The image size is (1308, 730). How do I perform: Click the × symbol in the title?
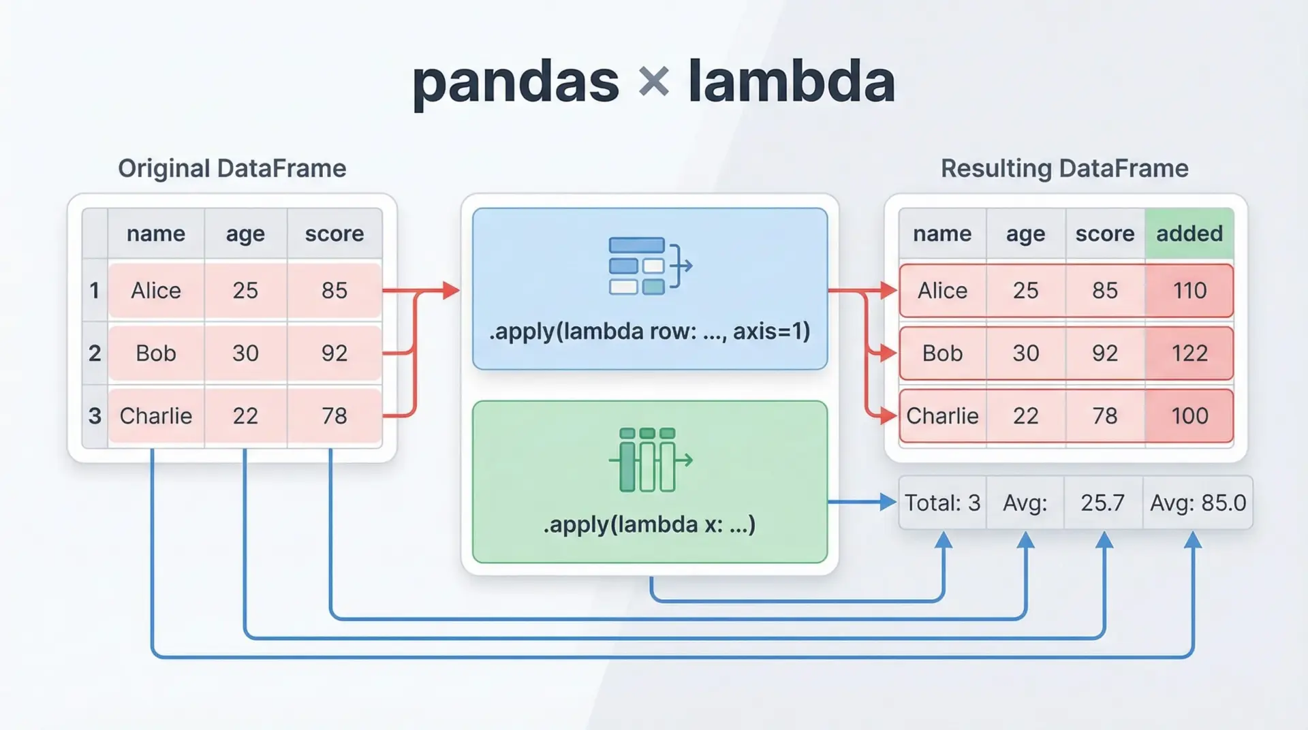pyautogui.click(x=654, y=82)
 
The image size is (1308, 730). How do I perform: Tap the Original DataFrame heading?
pyautogui.click(x=232, y=168)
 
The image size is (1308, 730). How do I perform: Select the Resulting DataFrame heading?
pyautogui.click(x=1064, y=168)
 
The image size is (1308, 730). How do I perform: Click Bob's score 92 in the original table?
pyautogui.click(x=334, y=353)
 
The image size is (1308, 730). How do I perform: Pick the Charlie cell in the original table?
pyautogui.click(x=156, y=415)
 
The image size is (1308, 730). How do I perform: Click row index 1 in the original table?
pyautogui.click(x=95, y=290)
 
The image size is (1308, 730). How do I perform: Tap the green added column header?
pyautogui.click(x=1189, y=234)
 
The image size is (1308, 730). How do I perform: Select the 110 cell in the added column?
pyautogui.click(x=1189, y=291)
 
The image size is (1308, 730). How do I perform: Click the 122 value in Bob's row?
pyautogui.click(x=1189, y=353)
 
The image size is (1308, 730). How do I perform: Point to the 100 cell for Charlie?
pyautogui.click(x=1189, y=415)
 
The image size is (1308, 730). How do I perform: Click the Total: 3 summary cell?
pyautogui.click(x=942, y=503)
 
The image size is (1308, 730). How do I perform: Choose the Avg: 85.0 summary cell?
pyautogui.click(x=1198, y=503)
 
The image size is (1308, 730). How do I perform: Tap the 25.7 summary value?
pyautogui.click(x=1102, y=503)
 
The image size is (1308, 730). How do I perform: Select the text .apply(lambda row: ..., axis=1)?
pyautogui.click(x=649, y=331)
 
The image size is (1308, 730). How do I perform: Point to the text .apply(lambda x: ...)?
pyautogui.click(x=649, y=524)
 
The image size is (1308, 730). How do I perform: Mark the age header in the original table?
pyautogui.click(x=245, y=234)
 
